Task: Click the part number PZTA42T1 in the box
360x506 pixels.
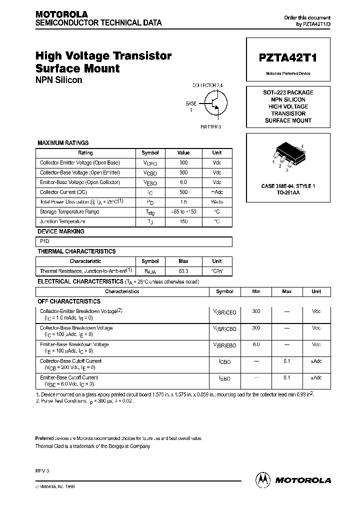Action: click(x=287, y=58)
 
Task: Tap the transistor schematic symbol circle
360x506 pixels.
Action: click(x=216, y=102)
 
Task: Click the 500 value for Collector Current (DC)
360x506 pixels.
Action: click(x=183, y=192)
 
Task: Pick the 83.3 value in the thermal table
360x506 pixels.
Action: click(x=183, y=270)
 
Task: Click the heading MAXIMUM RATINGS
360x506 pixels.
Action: click(x=63, y=143)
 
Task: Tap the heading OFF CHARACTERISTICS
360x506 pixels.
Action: click(x=69, y=301)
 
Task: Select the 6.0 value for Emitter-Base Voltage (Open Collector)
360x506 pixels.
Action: click(x=183, y=182)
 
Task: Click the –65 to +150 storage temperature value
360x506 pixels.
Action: click(x=183, y=211)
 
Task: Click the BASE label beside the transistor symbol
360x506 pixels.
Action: click(x=191, y=103)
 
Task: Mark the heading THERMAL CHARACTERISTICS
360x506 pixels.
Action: click(x=76, y=251)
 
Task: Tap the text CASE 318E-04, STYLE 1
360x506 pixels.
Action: click(x=288, y=186)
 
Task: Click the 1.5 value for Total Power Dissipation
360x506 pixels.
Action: click(x=183, y=202)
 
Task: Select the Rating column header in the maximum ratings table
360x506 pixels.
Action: click(x=85, y=153)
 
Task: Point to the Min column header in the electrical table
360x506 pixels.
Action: click(x=256, y=291)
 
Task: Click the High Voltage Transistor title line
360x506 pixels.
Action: click(x=103, y=56)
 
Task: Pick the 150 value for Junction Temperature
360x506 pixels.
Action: click(x=183, y=221)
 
